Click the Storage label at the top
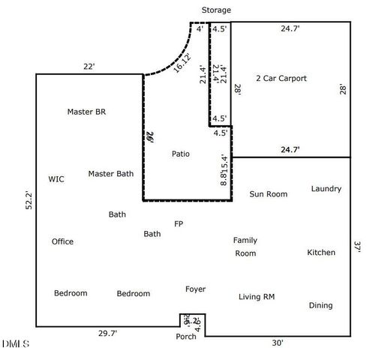pos(216,10)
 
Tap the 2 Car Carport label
pos(281,79)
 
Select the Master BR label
pos(86,112)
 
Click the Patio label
pos(180,154)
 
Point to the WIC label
pos(56,179)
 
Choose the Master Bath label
pos(110,174)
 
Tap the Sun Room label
pos(268,194)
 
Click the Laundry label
pos(326,189)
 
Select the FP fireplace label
pos(179,223)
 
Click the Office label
pos(62,241)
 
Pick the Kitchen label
pos(321,253)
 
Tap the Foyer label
pos(195,289)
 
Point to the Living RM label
pos(257,297)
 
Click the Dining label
pos(320,305)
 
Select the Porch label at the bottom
pos(186,337)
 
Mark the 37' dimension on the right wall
pos(359,245)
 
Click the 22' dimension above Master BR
pos(89,67)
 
